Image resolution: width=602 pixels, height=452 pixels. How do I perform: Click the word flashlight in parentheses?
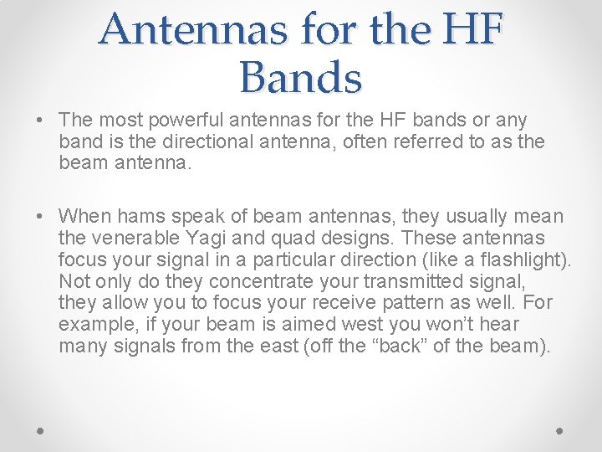coord(523,260)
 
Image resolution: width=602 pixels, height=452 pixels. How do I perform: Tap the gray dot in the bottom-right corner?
coord(559,429)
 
